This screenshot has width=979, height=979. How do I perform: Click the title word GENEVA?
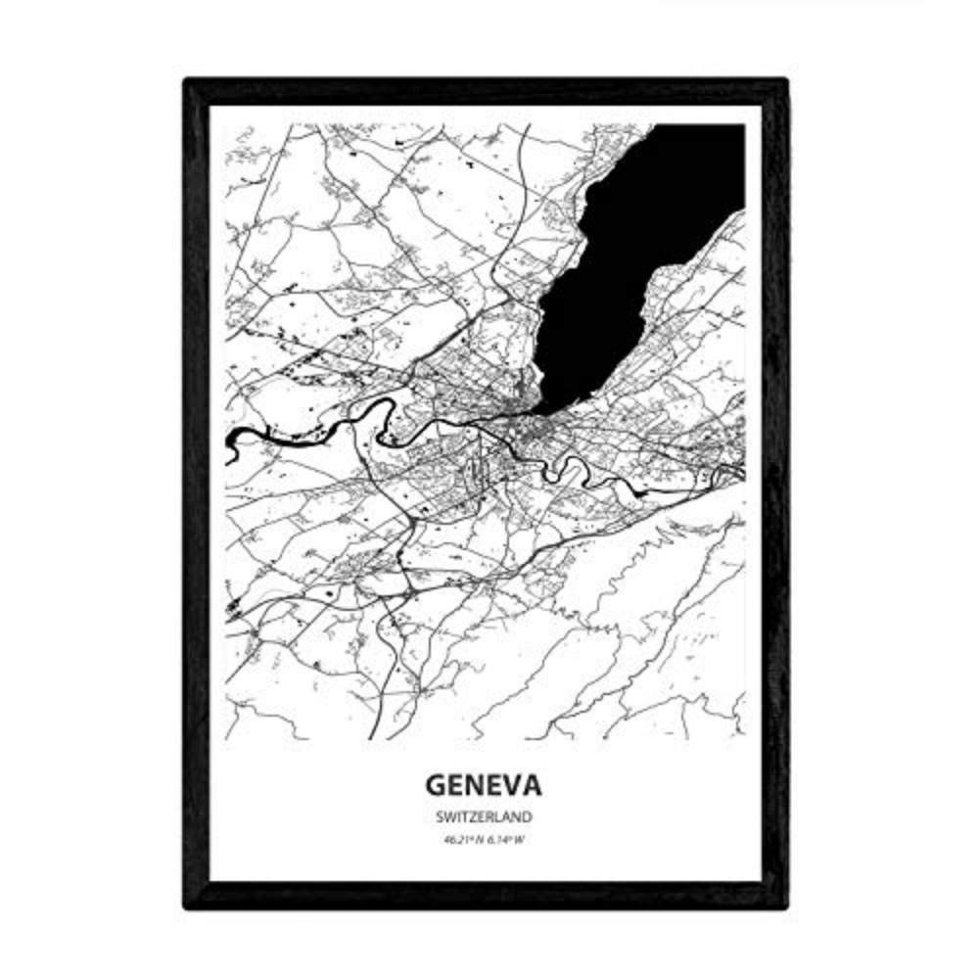(485, 786)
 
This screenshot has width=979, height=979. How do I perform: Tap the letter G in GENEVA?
(436, 786)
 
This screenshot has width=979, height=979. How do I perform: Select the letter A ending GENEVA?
(533, 786)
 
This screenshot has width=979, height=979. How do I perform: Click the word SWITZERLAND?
(485, 816)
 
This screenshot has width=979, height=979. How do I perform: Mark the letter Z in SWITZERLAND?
(473, 816)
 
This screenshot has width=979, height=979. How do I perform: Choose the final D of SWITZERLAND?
(527, 816)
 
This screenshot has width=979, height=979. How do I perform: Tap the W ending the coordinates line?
(519, 839)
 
